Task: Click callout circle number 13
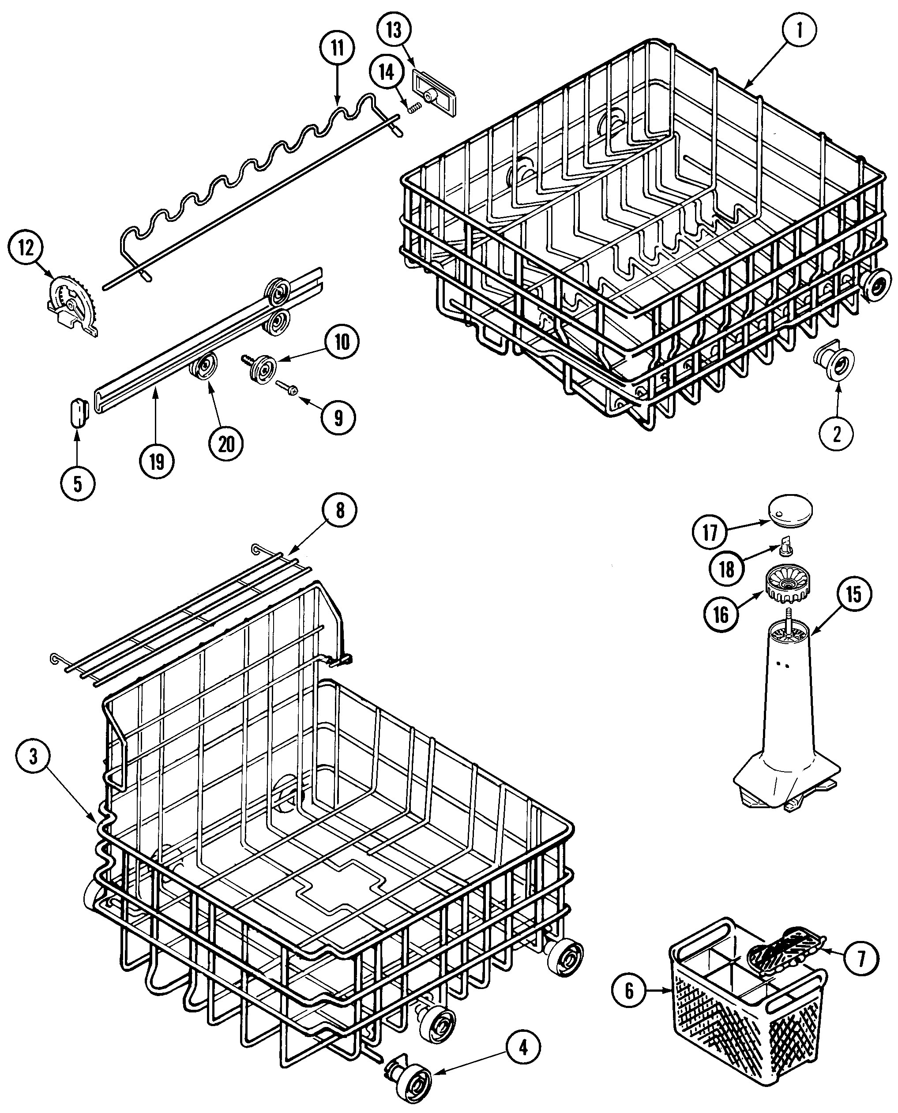(x=394, y=30)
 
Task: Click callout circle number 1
(x=799, y=30)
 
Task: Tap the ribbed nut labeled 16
(x=787, y=585)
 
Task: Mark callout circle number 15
(x=853, y=594)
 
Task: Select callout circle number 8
(x=340, y=510)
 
